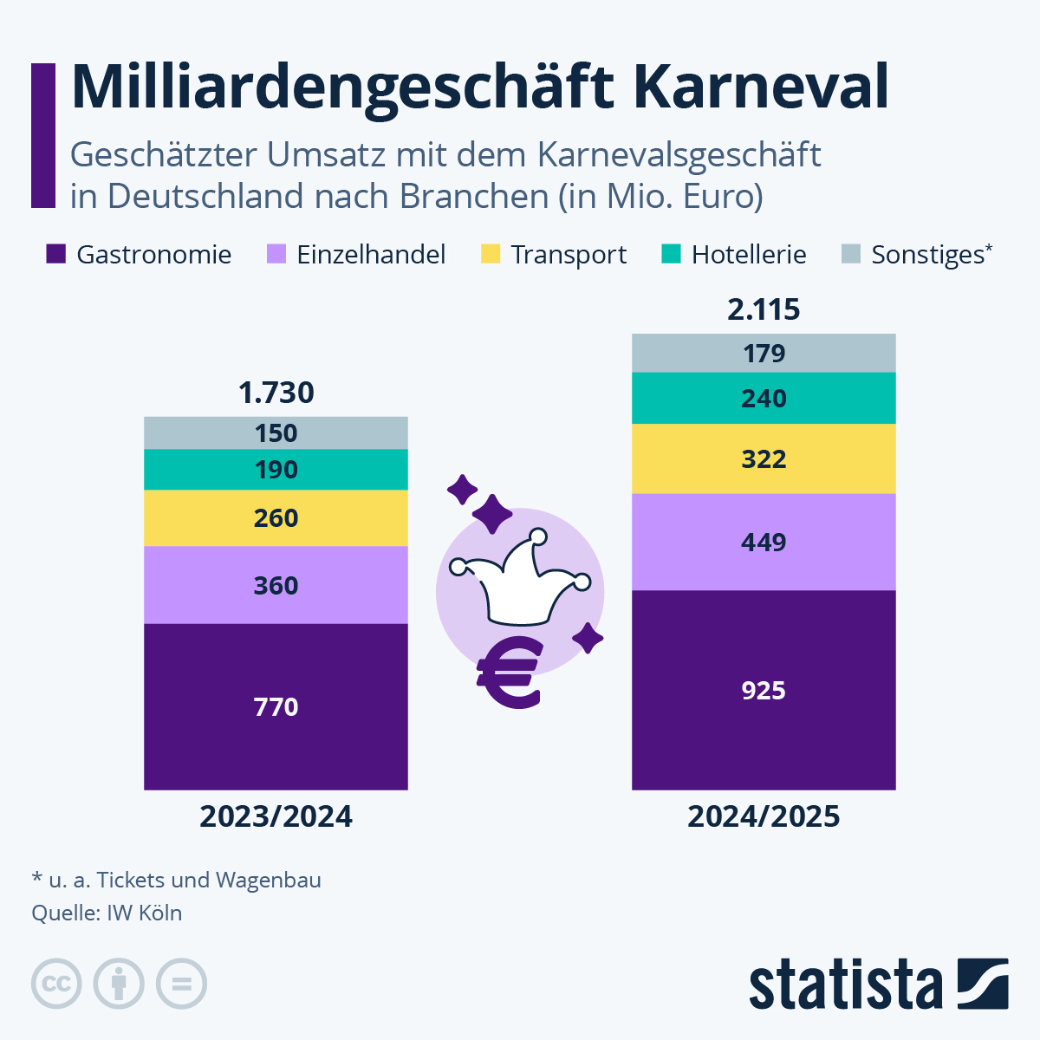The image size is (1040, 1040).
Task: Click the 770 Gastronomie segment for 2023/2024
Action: pyautogui.click(x=276, y=706)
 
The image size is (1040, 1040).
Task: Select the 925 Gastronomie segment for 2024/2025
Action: pyautogui.click(x=764, y=690)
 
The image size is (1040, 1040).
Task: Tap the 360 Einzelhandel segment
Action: pyautogui.click(x=276, y=585)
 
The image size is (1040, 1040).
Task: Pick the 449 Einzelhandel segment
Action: pyautogui.click(x=764, y=542)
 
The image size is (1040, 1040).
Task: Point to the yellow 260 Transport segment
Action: pyautogui.click(x=276, y=517)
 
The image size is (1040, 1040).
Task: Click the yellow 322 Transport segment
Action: pyautogui.click(x=764, y=458)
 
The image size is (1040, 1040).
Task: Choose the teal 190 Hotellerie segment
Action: pyautogui.click(x=276, y=470)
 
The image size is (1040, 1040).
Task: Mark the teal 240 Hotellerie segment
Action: pyautogui.click(x=764, y=398)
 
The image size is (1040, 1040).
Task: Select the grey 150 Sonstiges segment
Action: pyautogui.click(x=276, y=432)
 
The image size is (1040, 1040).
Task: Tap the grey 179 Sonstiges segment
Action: pyautogui.click(x=764, y=353)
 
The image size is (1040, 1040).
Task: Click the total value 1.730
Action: pyautogui.click(x=276, y=393)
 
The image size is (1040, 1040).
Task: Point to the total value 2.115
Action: pyautogui.click(x=764, y=309)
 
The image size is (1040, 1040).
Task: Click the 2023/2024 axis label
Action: pyautogui.click(x=276, y=816)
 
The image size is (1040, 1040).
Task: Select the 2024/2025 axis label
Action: pyautogui.click(x=764, y=816)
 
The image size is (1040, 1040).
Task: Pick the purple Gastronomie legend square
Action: pyautogui.click(x=56, y=254)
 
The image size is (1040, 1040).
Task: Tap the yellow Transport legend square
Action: pyautogui.click(x=491, y=254)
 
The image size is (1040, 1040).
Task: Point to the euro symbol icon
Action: pyautogui.click(x=510, y=673)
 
